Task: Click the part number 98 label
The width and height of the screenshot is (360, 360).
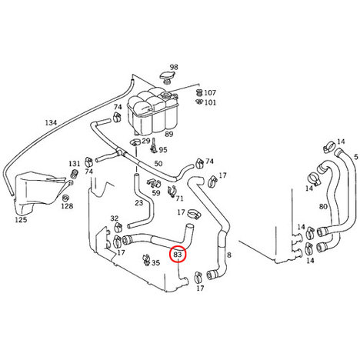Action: pos(174,68)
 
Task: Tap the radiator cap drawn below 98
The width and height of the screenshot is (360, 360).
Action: pos(168,77)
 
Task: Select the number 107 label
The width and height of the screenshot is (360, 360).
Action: pos(210,92)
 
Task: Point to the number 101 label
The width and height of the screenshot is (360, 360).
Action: pos(210,102)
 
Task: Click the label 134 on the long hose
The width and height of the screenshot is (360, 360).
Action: pos(51,123)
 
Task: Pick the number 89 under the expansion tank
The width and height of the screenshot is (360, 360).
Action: pos(169,134)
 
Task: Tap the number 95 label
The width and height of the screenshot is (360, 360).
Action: pos(163,150)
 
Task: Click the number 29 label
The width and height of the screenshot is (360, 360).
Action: pos(146,141)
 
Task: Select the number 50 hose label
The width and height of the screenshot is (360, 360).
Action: pos(158,164)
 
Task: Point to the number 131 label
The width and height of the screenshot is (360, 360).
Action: pos(75,164)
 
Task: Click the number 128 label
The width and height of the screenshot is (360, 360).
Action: pos(67,206)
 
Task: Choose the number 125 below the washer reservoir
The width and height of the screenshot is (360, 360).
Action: pos(21,220)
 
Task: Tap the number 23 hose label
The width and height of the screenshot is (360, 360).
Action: pos(138,203)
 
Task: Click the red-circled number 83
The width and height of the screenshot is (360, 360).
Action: pos(178,255)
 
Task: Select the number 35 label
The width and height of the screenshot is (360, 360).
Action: pos(155,263)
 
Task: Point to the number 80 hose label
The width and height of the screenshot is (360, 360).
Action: pos(323,206)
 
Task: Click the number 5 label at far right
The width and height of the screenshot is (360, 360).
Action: pos(355,157)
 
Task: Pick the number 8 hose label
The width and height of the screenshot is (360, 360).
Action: pos(229,255)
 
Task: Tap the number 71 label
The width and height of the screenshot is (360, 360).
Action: pos(179,198)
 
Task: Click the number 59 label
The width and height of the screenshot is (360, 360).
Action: pos(156,193)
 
